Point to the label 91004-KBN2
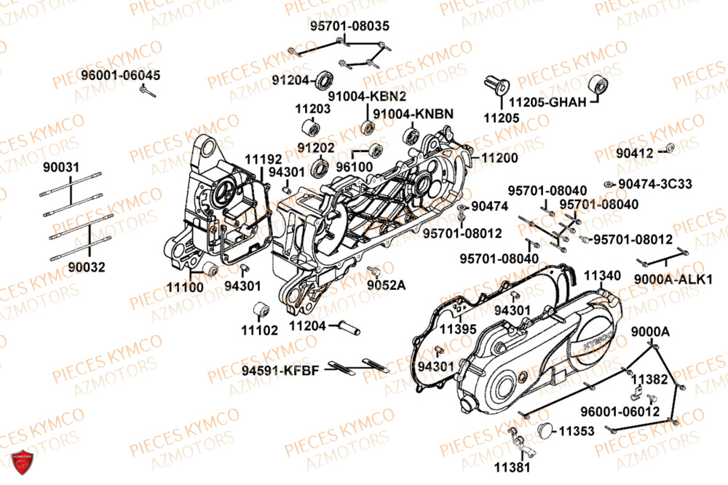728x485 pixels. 367,96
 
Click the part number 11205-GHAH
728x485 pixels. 547,102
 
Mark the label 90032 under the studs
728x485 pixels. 87,267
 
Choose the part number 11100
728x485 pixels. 186,288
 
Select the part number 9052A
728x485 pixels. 385,285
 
